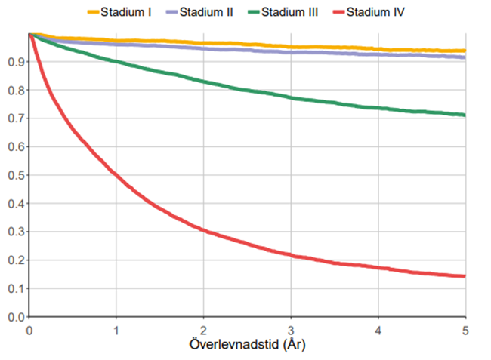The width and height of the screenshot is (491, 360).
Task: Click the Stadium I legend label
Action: pyautogui.click(x=131, y=13)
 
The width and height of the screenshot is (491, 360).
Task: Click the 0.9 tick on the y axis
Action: pyautogui.click(x=14, y=62)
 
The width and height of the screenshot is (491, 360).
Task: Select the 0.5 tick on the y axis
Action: pyautogui.click(x=14, y=175)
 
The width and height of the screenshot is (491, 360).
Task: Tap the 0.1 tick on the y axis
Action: pyautogui.click(x=14, y=288)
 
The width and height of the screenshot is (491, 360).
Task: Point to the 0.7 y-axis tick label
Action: pyautogui.click(x=14, y=118)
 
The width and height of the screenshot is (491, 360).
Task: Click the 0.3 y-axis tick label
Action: pyautogui.click(x=14, y=232)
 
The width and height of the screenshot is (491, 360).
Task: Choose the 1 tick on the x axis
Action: pyautogui.click(x=116, y=330)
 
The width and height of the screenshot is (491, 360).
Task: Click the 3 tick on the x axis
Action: pyautogui.click(x=291, y=330)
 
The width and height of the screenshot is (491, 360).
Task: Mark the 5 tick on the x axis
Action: pyautogui.click(x=465, y=330)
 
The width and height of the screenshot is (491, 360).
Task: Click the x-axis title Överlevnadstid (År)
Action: pyautogui.click(x=246, y=345)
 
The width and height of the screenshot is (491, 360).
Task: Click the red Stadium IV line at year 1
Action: pyautogui.click(x=116, y=174)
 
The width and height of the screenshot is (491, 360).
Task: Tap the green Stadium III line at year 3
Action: pyautogui.click(x=291, y=98)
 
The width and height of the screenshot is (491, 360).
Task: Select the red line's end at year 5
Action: pyautogui.click(x=464, y=276)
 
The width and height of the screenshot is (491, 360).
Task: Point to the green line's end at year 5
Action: pyautogui.click(x=464, y=115)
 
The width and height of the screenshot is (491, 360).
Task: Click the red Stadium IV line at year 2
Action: pyautogui.click(x=203, y=230)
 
